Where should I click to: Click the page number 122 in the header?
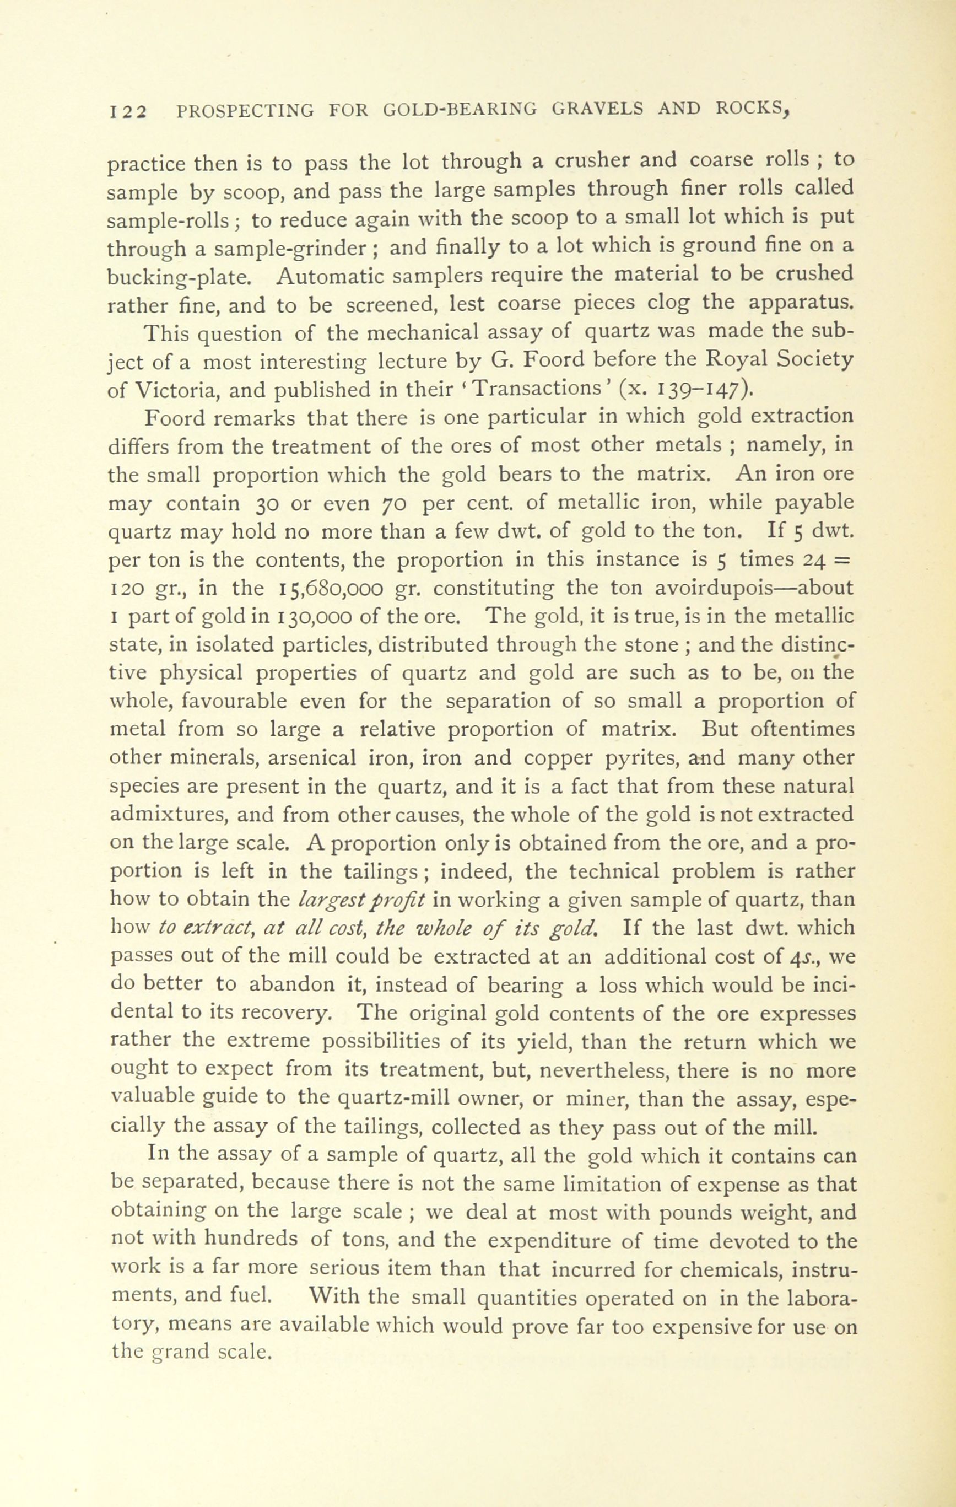pyautogui.click(x=128, y=111)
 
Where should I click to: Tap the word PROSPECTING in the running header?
pyautogui.click(x=245, y=111)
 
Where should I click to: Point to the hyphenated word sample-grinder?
pyautogui.click(x=294, y=249)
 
